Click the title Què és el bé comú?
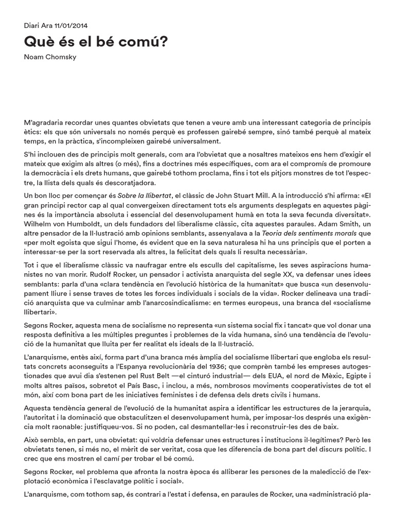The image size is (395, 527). click(96, 42)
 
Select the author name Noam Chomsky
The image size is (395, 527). click(50, 57)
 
